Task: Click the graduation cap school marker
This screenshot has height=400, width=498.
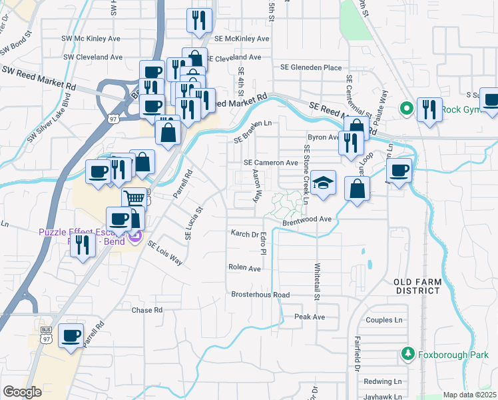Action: [323, 183]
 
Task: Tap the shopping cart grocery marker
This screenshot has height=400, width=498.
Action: [134, 198]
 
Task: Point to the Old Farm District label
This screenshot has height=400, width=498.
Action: [417, 286]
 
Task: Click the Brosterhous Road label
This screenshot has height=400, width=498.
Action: [260, 295]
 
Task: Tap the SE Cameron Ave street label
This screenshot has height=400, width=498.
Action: [271, 163]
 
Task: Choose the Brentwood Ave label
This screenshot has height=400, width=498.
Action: [306, 219]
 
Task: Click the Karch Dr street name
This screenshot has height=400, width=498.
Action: [244, 235]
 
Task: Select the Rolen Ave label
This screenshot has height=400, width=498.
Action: [245, 268]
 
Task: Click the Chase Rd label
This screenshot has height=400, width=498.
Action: [147, 311]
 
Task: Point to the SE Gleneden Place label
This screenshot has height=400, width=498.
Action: [311, 67]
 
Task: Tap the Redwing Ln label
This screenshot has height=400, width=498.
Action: [383, 381]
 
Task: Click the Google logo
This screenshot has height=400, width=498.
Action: [22, 392]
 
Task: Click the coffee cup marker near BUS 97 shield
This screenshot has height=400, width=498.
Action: [71, 335]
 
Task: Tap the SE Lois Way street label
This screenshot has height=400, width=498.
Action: [165, 253]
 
